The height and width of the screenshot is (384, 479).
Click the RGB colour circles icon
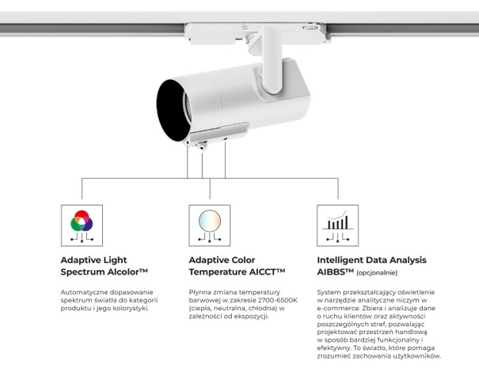82,221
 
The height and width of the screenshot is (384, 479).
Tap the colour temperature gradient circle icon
210,220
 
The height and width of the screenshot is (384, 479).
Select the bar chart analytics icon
337,220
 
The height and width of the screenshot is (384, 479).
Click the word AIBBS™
336,272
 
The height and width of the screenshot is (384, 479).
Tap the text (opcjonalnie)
377,273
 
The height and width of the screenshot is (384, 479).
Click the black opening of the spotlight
171,111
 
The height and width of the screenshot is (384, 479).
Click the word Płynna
200,292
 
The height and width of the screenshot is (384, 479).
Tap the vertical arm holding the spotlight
272,60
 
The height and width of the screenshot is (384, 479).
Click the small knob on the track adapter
310,28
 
